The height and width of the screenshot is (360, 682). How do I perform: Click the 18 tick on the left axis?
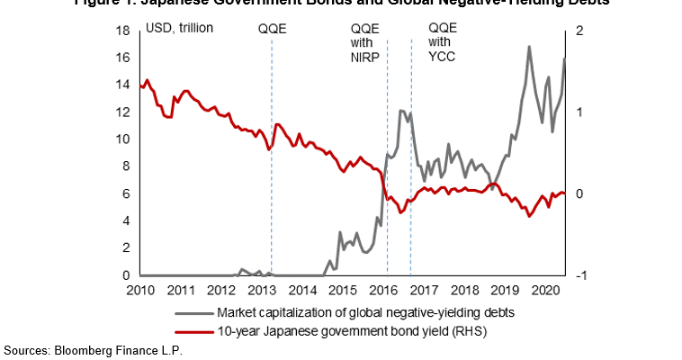pos(124,31)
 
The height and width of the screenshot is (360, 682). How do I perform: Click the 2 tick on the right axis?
pos(578,31)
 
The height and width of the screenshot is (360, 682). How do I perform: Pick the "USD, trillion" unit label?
pos(179,29)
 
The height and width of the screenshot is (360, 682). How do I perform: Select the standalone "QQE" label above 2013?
pos(272,29)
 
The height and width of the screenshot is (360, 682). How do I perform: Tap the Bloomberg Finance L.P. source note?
pos(94,349)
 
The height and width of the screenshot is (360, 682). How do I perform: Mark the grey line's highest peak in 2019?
pos(528,47)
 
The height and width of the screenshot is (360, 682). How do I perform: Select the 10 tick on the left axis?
pos(124,139)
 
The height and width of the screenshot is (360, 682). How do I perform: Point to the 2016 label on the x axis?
pos(383,290)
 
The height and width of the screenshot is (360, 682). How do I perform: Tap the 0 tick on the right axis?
pos(578,194)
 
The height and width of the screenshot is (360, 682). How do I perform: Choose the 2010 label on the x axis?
pos(140,290)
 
